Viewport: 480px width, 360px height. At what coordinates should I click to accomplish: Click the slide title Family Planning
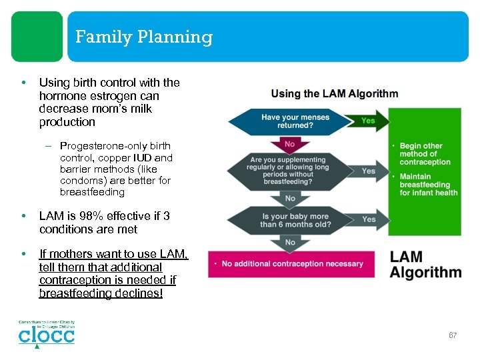point(143,37)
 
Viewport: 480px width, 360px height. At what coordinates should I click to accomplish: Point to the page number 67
point(453,335)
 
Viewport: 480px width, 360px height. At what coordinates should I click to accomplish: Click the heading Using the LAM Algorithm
point(335,94)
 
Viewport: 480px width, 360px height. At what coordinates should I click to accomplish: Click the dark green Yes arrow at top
point(368,121)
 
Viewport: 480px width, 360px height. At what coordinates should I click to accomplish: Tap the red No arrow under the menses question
point(290,144)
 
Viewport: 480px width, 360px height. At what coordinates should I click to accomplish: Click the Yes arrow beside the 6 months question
point(368,219)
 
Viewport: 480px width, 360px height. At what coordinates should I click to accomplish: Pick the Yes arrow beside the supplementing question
point(368,171)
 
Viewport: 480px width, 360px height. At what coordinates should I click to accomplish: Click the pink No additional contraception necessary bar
point(293,264)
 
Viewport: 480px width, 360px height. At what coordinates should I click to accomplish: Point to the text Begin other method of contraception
point(425,154)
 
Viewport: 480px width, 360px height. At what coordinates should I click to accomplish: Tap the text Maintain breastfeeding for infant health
point(429,185)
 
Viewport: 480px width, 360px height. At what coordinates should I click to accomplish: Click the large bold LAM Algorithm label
point(425,265)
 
